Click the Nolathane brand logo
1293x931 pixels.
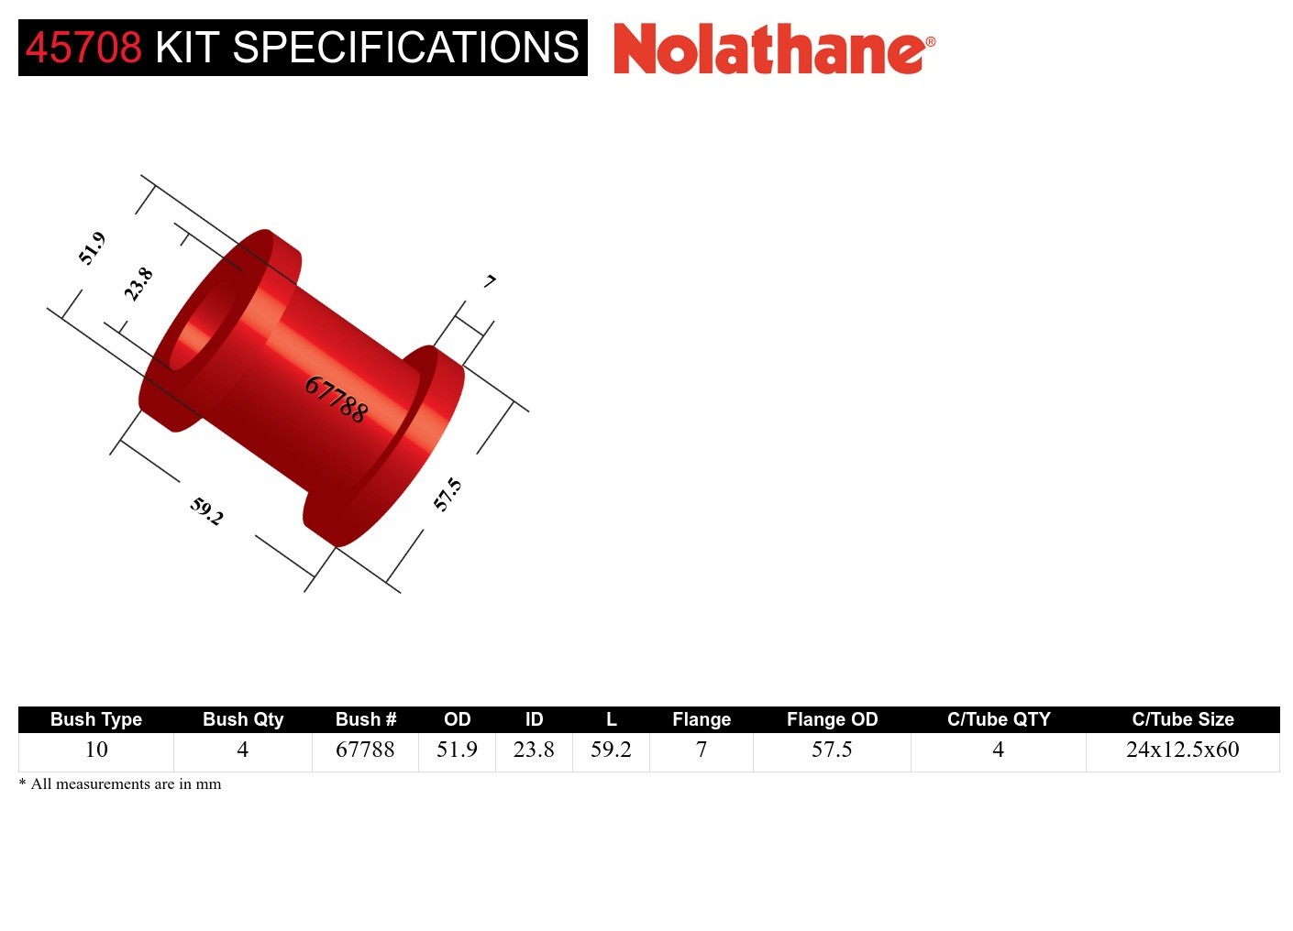point(773,49)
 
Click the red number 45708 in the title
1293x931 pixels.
point(83,48)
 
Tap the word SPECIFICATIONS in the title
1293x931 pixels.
point(405,48)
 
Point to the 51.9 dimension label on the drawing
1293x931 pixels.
point(92,248)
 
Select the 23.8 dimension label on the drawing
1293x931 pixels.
point(138,284)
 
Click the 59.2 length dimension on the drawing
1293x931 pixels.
point(207,510)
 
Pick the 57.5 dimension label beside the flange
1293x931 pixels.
point(448,495)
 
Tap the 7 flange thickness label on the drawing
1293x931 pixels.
point(491,281)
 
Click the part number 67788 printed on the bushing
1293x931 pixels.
point(337,400)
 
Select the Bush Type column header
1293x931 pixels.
point(96,719)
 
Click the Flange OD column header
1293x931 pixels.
point(832,719)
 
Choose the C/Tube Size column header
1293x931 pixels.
point(1182,719)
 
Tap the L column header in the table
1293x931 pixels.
point(611,719)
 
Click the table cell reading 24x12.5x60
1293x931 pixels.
point(1182,750)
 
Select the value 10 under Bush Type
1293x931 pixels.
point(96,750)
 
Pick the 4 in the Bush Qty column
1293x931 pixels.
point(243,750)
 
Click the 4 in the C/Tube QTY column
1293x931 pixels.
point(998,750)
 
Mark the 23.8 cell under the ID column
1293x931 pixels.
point(534,750)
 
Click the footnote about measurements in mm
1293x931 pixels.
point(120,784)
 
